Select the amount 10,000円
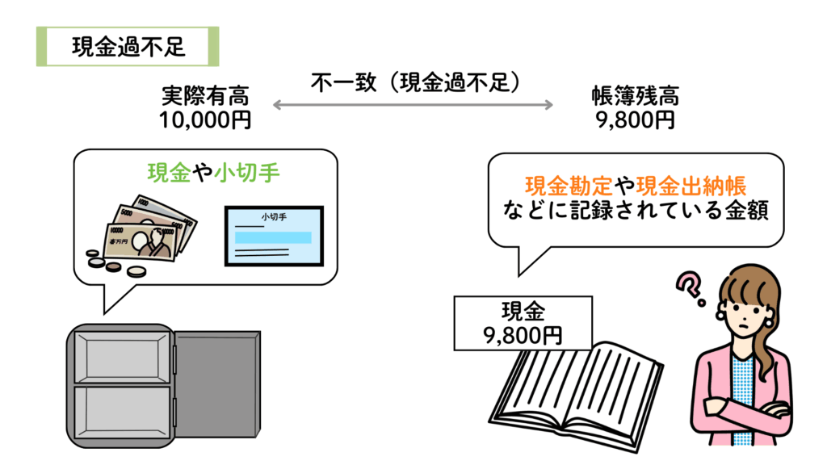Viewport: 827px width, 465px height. [204, 120]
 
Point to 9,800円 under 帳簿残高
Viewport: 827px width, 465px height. [635, 120]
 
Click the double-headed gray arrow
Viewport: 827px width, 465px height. [413, 105]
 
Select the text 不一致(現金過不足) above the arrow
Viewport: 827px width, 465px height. [413, 82]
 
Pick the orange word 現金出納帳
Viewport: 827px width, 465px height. [695, 186]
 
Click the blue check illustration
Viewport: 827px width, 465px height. [275, 237]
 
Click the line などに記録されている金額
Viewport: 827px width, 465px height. [635, 212]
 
